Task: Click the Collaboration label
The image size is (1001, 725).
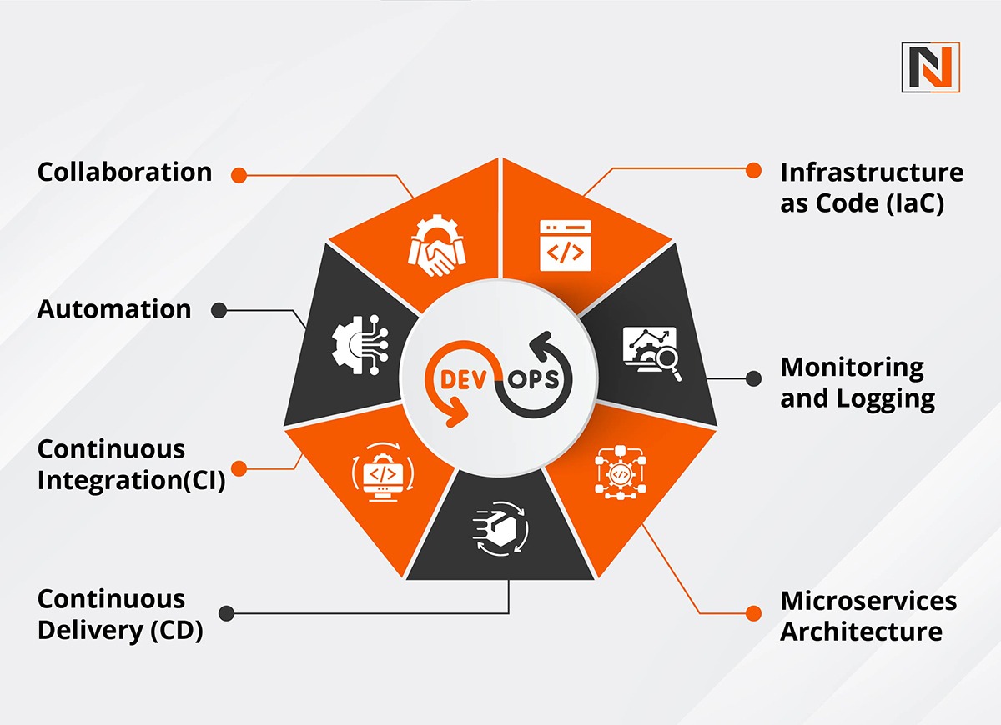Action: (124, 172)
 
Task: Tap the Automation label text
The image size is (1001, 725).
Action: (114, 309)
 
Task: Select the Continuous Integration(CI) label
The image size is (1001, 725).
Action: (131, 465)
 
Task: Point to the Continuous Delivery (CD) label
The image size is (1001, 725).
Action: (120, 615)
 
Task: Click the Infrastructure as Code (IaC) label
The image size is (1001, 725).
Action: (872, 187)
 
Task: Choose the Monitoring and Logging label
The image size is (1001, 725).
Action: (858, 382)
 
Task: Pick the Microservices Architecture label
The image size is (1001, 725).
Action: (868, 616)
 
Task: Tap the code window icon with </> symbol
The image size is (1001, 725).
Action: (565, 245)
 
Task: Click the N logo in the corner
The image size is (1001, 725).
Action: (930, 67)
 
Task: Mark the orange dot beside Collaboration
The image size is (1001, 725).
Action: (239, 174)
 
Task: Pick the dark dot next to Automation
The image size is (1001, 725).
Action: (219, 310)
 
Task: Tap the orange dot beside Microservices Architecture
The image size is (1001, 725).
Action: (754, 612)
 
